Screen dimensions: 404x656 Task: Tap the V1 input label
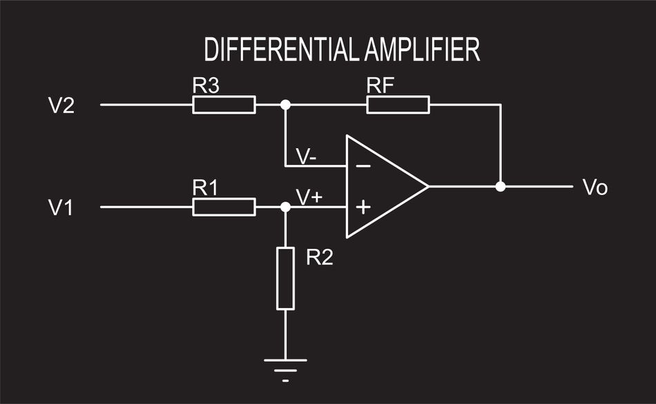(x=61, y=207)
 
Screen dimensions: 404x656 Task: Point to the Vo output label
(x=595, y=188)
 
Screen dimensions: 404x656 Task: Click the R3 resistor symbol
(x=224, y=105)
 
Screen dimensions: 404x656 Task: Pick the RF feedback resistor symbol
(x=398, y=105)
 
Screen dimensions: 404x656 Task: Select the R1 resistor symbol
(x=224, y=206)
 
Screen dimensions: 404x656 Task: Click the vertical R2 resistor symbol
(x=285, y=278)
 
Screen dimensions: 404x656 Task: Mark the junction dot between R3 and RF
(x=285, y=105)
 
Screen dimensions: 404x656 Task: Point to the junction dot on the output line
(x=501, y=186)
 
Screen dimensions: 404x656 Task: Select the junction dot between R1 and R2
(x=285, y=206)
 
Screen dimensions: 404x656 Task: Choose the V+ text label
(x=309, y=196)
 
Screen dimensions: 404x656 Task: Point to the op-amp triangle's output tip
(x=428, y=186)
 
